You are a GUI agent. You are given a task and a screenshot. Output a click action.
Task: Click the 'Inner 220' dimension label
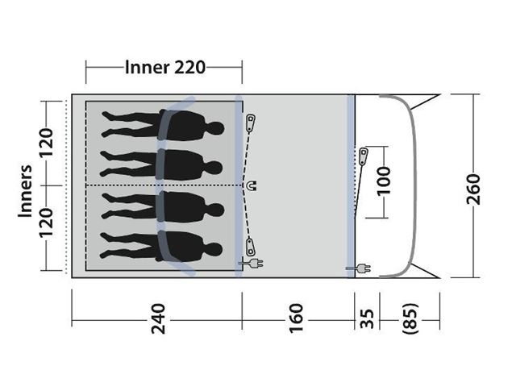(x=165, y=68)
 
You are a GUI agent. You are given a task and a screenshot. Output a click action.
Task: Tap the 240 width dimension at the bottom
(x=158, y=319)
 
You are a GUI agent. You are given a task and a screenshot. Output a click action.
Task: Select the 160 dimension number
(x=296, y=318)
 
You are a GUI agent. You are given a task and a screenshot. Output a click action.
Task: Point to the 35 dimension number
(x=367, y=318)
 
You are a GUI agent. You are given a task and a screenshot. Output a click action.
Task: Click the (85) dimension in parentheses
(x=410, y=318)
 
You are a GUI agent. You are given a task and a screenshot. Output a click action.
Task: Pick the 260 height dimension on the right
(x=474, y=189)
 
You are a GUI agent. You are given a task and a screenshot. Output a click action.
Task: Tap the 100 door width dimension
(x=383, y=181)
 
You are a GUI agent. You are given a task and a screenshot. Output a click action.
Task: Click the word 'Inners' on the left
(x=25, y=191)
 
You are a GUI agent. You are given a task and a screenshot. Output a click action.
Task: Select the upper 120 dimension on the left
(x=47, y=144)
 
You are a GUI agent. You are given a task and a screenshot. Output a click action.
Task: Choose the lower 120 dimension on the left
(x=47, y=223)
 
